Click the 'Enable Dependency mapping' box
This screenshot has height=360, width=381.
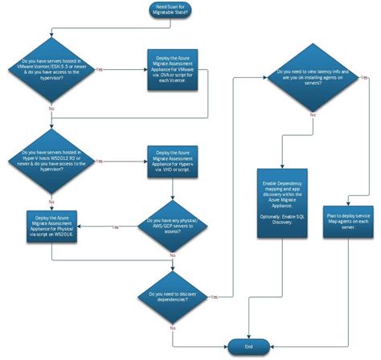coord(281,202)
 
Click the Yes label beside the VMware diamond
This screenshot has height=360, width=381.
coord(99,70)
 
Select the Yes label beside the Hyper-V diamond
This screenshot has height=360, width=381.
coord(99,161)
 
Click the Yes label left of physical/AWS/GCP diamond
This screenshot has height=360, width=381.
coord(115,227)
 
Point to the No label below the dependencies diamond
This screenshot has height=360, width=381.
coord(172,329)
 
